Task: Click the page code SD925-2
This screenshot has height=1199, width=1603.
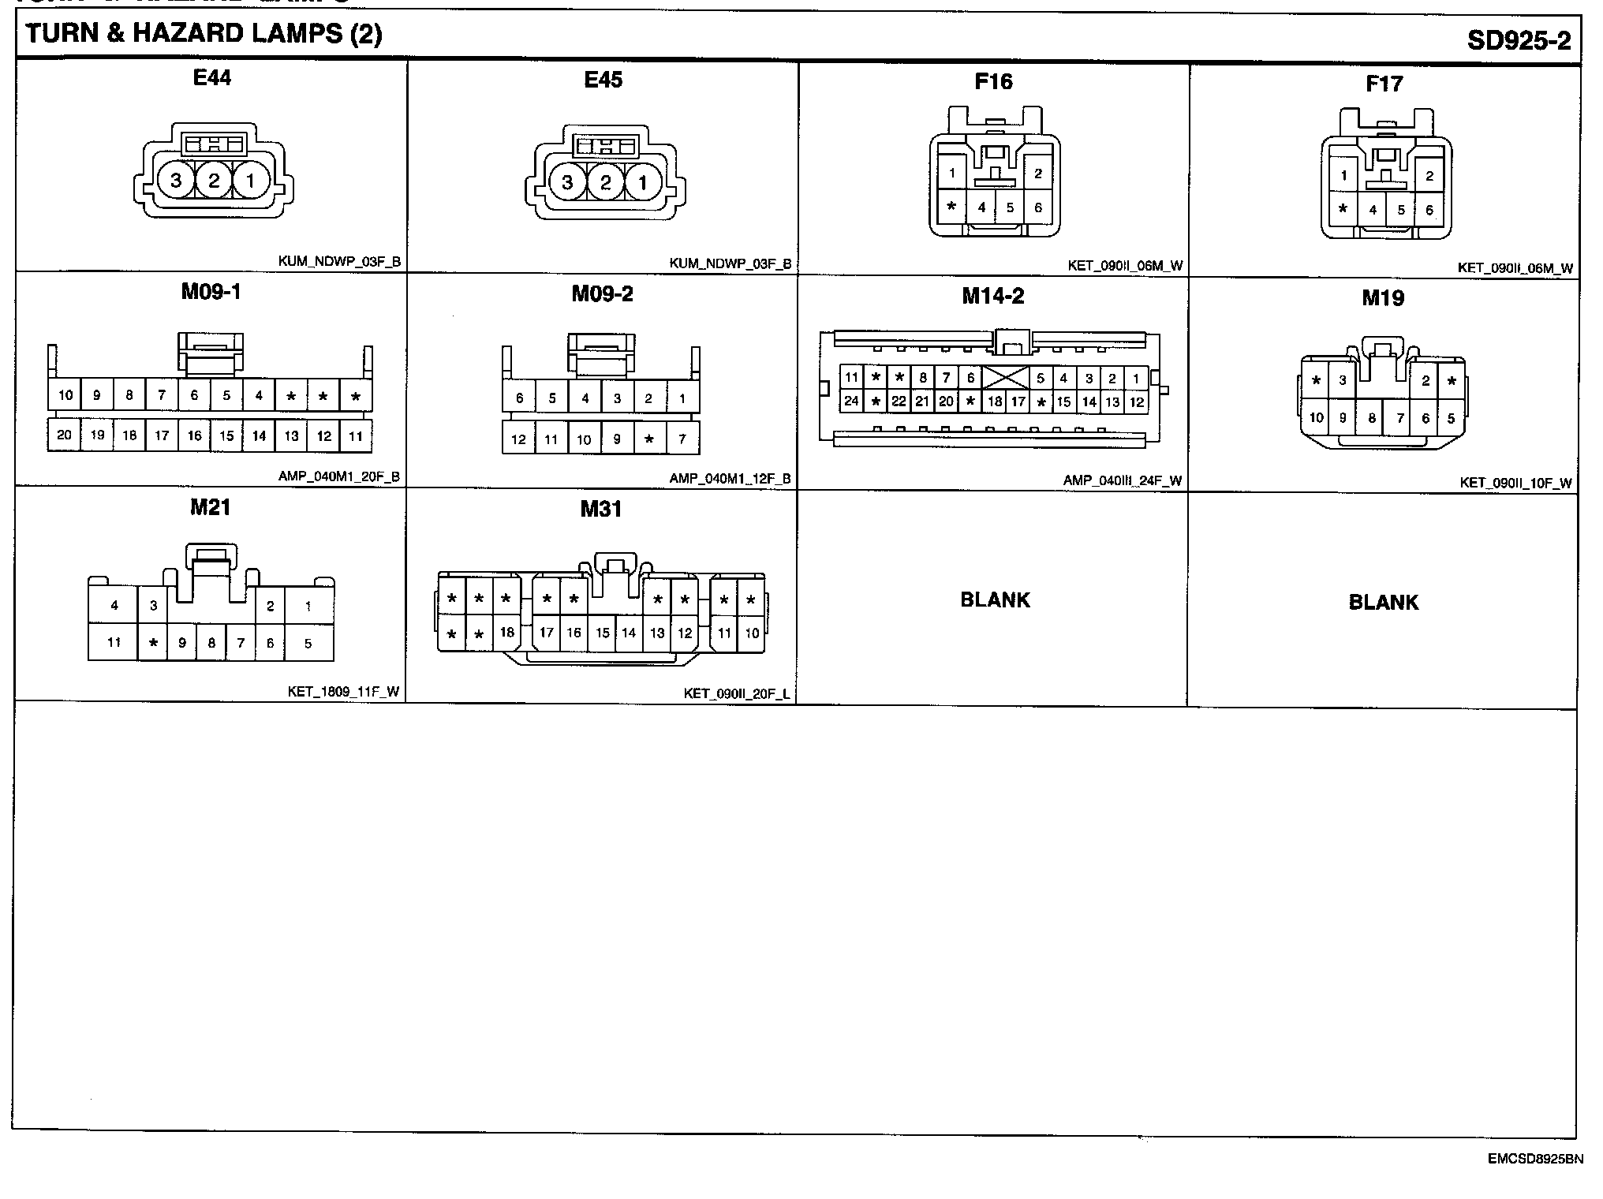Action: pos(1519,40)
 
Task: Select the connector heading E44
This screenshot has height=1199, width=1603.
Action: pos(212,78)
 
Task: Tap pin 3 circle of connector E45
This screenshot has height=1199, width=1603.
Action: pos(567,183)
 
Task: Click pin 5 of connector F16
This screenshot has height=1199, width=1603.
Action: pos(1010,208)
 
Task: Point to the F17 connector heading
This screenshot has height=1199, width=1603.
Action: pos(1384,84)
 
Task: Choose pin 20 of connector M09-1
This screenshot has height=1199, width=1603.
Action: pos(65,435)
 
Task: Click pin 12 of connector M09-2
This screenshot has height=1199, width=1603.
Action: pos(518,439)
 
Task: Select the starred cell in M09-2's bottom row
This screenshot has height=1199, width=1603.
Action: pos(649,439)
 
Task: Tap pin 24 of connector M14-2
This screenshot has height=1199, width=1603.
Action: pos(851,401)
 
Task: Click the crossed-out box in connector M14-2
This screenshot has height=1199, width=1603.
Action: pos(1005,378)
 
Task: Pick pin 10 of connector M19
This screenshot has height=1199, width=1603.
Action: pos(1316,418)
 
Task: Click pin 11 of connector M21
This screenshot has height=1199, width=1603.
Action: pos(114,643)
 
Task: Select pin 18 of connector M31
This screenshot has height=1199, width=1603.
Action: pos(506,633)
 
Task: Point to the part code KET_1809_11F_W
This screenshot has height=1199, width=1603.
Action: pos(343,693)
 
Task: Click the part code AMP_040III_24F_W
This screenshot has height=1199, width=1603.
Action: pos(1122,480)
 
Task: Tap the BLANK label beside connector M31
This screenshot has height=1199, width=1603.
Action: pos(995,600)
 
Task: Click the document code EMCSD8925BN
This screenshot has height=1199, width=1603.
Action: pos(1535,1160)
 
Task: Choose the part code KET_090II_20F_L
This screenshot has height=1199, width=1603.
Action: pos(737,694)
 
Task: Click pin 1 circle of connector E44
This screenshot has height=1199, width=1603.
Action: pos(250,181)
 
